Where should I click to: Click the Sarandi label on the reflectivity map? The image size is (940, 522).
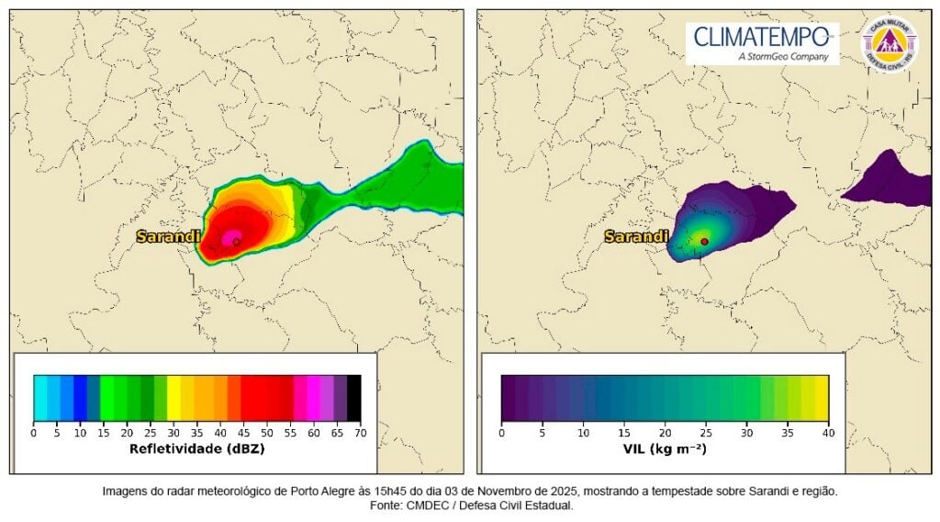pyautogui.click(x=168, y=237)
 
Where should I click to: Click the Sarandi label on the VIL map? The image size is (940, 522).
pyautogui.click(x=635, y=237)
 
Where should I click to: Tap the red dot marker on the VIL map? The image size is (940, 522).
pyautogui.click(x=704, y=242)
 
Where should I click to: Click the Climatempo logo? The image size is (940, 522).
pyautogui.click(x=762, y=43)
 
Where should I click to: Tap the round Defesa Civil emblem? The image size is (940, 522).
pyautogui.click(x=889, y=43)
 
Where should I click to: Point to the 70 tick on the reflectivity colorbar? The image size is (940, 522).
pyautogui.click(x=361, y=431)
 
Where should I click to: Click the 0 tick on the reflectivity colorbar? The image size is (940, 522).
pyautogui.click(x=34, y=431)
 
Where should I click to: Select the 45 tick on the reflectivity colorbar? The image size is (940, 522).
pyautogui.click(x=244, y=431)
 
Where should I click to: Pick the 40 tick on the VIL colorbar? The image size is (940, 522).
pyautogui.click(x=828, y=431)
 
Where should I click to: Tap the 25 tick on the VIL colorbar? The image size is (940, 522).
pyautogui.click(x=706, y=431)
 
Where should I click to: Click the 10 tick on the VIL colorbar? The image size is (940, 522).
pyautogui.click(x=583, y=431)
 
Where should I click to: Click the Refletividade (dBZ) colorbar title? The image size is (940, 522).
pyautogui.click(x=197, y=449)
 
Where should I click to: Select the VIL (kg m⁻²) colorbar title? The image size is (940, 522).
pyautogui.click(x=665, y=449)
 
